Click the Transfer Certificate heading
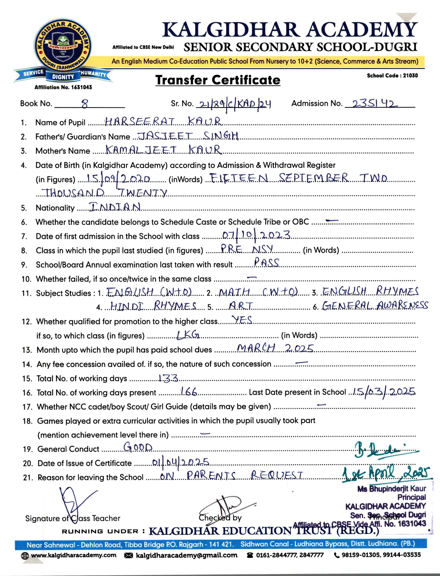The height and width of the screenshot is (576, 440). click(x=218, y=80)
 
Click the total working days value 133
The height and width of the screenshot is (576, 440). click(x=168, y=378)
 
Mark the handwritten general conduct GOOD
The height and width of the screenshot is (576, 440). click(x=138, y=447)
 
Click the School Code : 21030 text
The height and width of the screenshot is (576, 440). click(x=392, y=76)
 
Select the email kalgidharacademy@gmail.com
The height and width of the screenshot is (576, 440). click(x=186, y=555)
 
